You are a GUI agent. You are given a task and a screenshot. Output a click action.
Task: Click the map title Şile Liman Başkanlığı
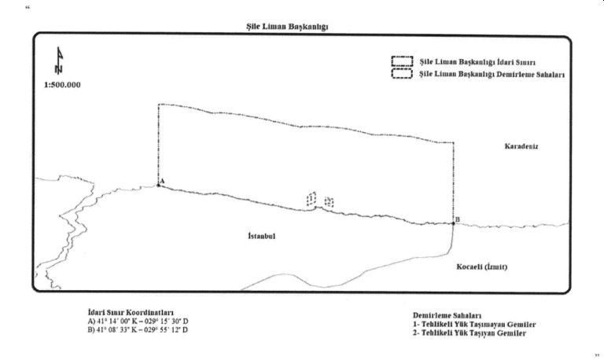click(x=286, y=25)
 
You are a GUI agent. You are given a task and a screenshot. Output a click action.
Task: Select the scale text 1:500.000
click(x=60, y=85)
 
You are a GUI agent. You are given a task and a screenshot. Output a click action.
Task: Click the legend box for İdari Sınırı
click(x=403, y=61)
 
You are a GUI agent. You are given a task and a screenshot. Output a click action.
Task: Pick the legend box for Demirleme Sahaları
click(x=403, y=74)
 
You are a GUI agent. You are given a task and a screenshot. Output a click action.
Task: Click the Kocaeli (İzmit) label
click(x=481, y=266)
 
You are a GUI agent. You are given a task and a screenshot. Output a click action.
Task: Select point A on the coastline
click(x=158, y=186)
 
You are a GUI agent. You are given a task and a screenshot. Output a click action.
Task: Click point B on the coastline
click(x=454, y=223)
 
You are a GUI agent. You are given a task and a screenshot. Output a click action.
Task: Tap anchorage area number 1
click(x=311, y=198)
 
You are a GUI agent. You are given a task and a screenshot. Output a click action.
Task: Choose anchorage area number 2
click(x=328, y=202)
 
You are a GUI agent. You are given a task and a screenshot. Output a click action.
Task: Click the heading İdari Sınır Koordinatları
click(x=130, y=312)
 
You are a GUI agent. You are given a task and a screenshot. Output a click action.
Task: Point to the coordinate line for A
click(x=138, y=321)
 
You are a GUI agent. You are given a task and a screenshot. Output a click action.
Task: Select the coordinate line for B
click(x=138, y=329)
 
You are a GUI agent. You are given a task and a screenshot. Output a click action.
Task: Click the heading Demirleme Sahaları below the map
click(x=447, y=314)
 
